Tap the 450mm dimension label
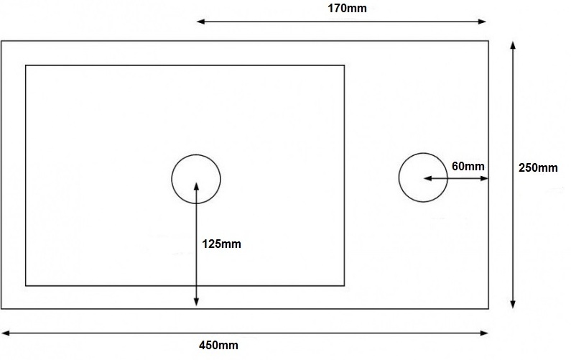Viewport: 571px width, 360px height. coord(218,346)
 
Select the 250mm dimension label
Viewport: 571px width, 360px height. coord(538,168)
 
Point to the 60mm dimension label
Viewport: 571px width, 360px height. coord(468,166)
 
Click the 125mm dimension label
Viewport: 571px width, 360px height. coord(221,244)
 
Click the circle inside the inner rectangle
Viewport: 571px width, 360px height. coord(196,179)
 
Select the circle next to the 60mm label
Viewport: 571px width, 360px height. coord(423,177)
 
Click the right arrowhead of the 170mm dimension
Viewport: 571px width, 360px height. coord(485,22)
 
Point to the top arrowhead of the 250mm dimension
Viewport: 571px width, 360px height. coord(513,44)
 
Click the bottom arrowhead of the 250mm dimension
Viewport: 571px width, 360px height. coord(513,305)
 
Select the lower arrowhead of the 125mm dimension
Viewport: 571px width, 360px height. coord(196,303)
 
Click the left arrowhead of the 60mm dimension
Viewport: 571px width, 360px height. coord(427,177)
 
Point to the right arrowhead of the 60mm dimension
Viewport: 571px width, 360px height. coord(485,177)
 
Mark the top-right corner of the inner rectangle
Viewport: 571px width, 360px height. coord(344,65)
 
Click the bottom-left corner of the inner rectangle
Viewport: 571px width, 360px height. coord(26,285)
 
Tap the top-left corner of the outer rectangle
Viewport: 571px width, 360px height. coord(1,41)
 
